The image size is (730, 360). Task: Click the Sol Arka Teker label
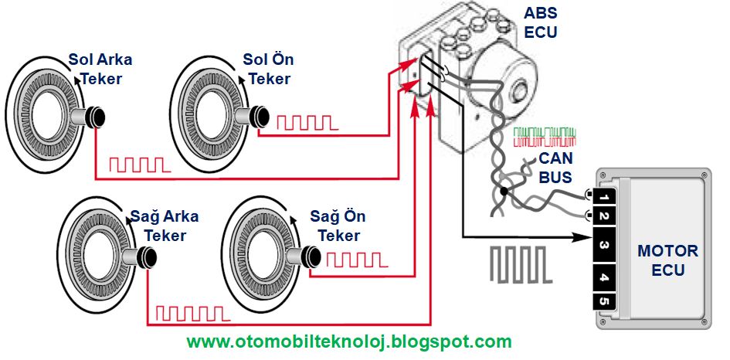click(100, 69)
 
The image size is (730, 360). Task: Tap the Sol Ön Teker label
click(268, 69)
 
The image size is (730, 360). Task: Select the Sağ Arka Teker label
click(165, 225)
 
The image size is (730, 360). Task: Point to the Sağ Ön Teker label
click(338, 226)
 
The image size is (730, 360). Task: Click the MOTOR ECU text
click(667, 260)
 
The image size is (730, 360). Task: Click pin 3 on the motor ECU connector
click(605, 246)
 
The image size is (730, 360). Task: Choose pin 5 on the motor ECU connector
click(605, 301)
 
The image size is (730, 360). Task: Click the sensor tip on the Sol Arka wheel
click(97, 117)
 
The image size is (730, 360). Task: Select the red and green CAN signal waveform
click(545, 136)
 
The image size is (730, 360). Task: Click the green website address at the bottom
click(350, 341)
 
